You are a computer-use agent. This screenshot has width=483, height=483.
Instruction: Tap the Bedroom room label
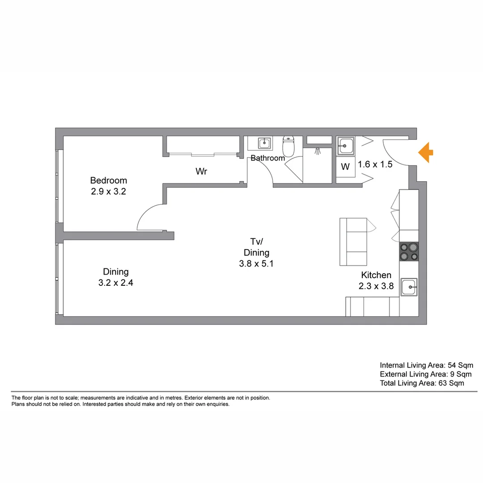click(108, 180)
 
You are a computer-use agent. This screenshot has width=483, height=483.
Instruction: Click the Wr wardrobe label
click(201, 171)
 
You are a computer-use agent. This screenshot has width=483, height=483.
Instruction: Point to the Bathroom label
click(267, 158)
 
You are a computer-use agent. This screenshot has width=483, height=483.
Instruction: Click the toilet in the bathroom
click(288, 146)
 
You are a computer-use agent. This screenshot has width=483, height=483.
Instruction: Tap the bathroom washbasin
click(265, 143)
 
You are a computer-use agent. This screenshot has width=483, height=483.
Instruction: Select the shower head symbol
click(318, 151)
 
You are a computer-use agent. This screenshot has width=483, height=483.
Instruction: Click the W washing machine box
click(345, 167)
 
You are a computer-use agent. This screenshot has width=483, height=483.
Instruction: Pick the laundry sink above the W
click(345, 145)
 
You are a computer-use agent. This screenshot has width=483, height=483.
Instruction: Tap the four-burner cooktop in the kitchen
click(409, 252)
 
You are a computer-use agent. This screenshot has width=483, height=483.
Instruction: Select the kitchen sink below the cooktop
click(409, 286)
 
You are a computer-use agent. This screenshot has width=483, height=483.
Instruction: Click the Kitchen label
click(376, 275)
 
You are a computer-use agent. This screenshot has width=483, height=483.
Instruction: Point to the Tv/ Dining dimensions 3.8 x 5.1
click(256, 264)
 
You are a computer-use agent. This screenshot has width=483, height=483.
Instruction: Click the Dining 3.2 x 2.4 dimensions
click(116, 283)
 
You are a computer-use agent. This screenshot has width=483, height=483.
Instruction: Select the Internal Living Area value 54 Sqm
click(452, 365)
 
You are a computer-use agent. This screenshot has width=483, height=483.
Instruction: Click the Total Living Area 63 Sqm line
click(422, 383)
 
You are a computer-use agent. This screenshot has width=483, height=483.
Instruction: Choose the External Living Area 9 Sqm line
click(425, 374)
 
